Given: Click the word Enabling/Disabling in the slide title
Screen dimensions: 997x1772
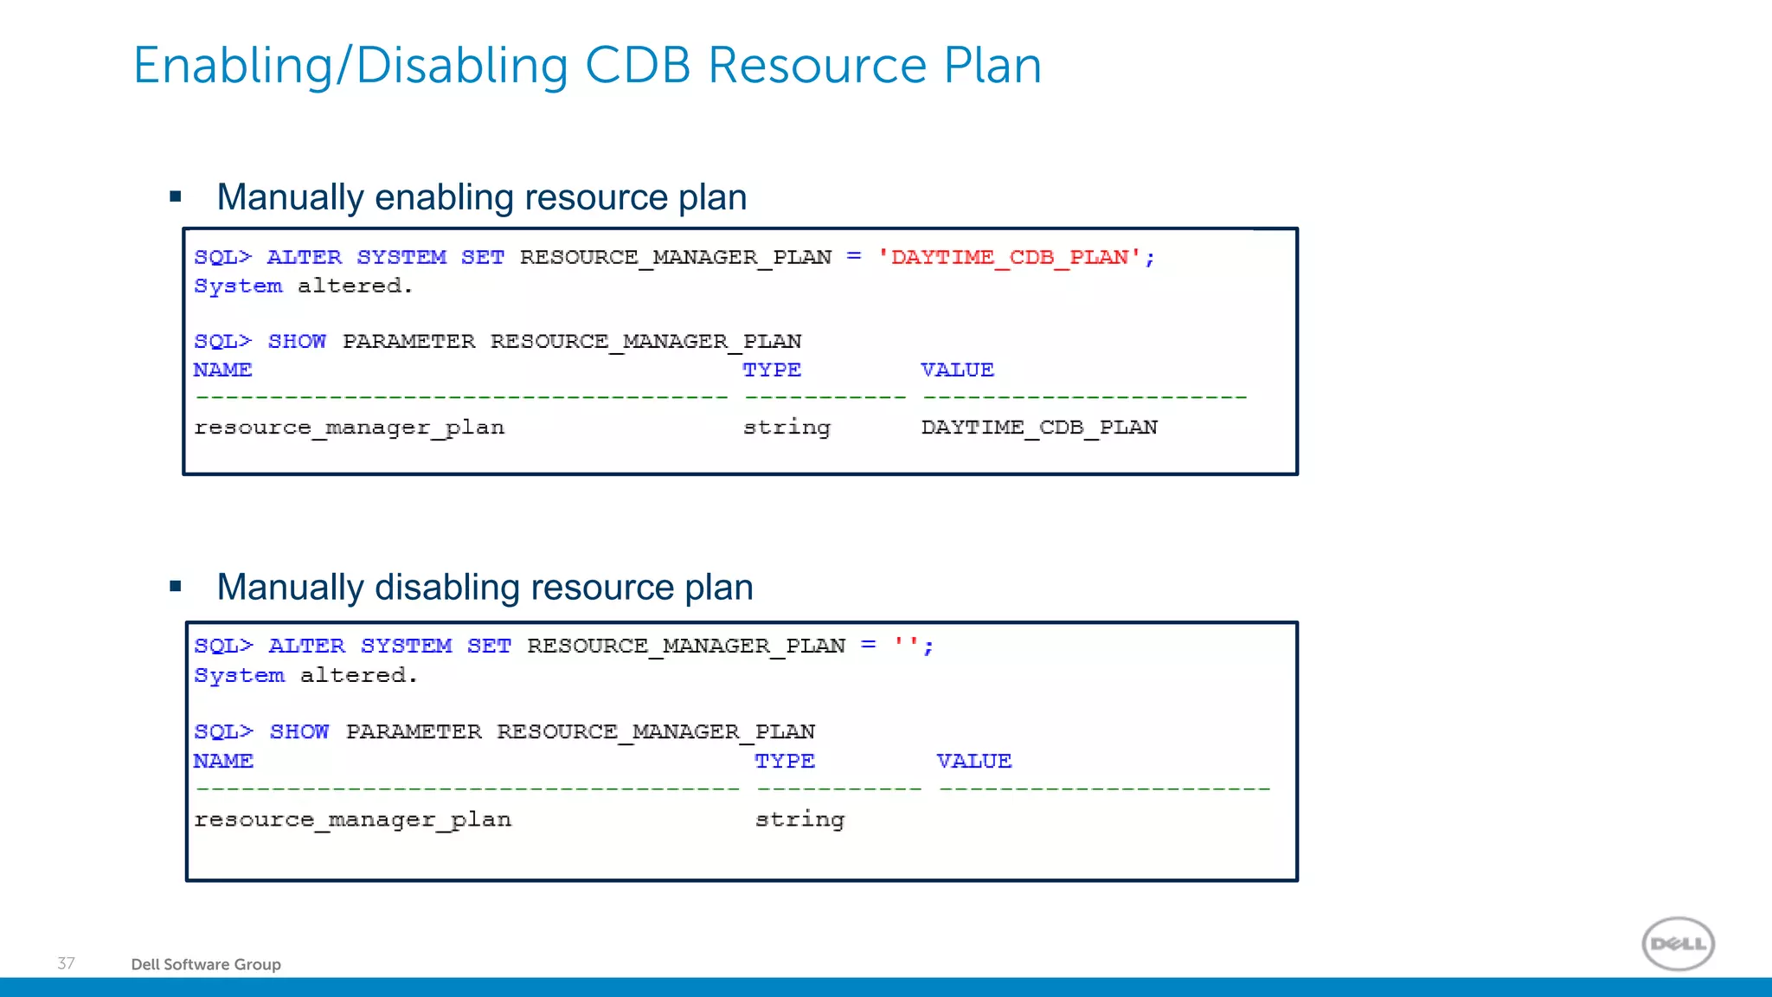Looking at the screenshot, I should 350,66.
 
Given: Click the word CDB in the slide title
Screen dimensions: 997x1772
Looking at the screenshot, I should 638,66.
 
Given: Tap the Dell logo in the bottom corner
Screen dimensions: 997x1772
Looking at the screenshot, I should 1678,943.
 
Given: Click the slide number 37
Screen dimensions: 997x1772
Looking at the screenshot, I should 66,963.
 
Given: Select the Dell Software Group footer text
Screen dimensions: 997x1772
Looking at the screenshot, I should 206,964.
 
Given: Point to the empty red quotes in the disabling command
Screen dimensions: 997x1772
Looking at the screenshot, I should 907,645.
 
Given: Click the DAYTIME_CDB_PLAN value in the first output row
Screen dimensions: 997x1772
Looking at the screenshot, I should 1039,428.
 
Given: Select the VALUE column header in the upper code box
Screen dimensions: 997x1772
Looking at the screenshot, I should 957,370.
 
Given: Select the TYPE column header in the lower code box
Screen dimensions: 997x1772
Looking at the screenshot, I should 784,761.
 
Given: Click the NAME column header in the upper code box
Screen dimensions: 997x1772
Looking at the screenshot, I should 222,370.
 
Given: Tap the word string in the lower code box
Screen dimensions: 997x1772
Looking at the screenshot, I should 799,819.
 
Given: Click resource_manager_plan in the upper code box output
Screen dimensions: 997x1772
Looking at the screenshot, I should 349,428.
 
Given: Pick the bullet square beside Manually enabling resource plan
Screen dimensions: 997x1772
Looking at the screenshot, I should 176,196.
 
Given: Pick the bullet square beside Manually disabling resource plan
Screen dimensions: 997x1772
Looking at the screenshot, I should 176,587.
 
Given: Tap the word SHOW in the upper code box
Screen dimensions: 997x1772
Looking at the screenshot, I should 297,341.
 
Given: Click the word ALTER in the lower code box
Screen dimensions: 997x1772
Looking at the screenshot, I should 306,646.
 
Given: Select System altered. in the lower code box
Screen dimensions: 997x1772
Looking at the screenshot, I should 305,675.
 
